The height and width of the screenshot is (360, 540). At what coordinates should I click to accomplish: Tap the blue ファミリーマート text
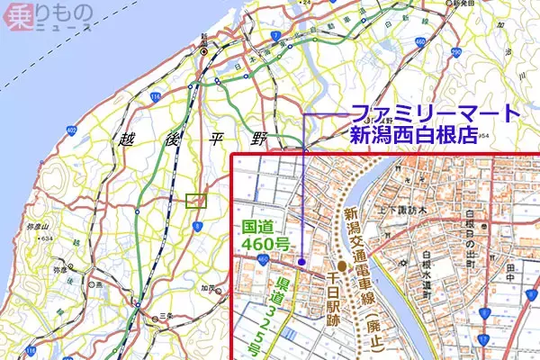click(x=436, y=114)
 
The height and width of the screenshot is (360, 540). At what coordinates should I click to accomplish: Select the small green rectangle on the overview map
click(x=195, y=201)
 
